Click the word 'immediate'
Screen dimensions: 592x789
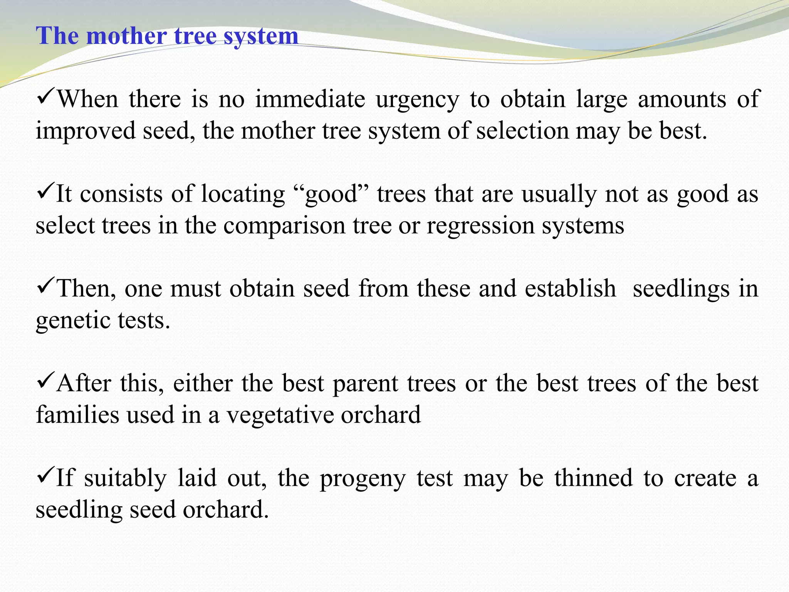[x=310, y=99]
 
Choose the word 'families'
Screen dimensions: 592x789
[x=77, y=415]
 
